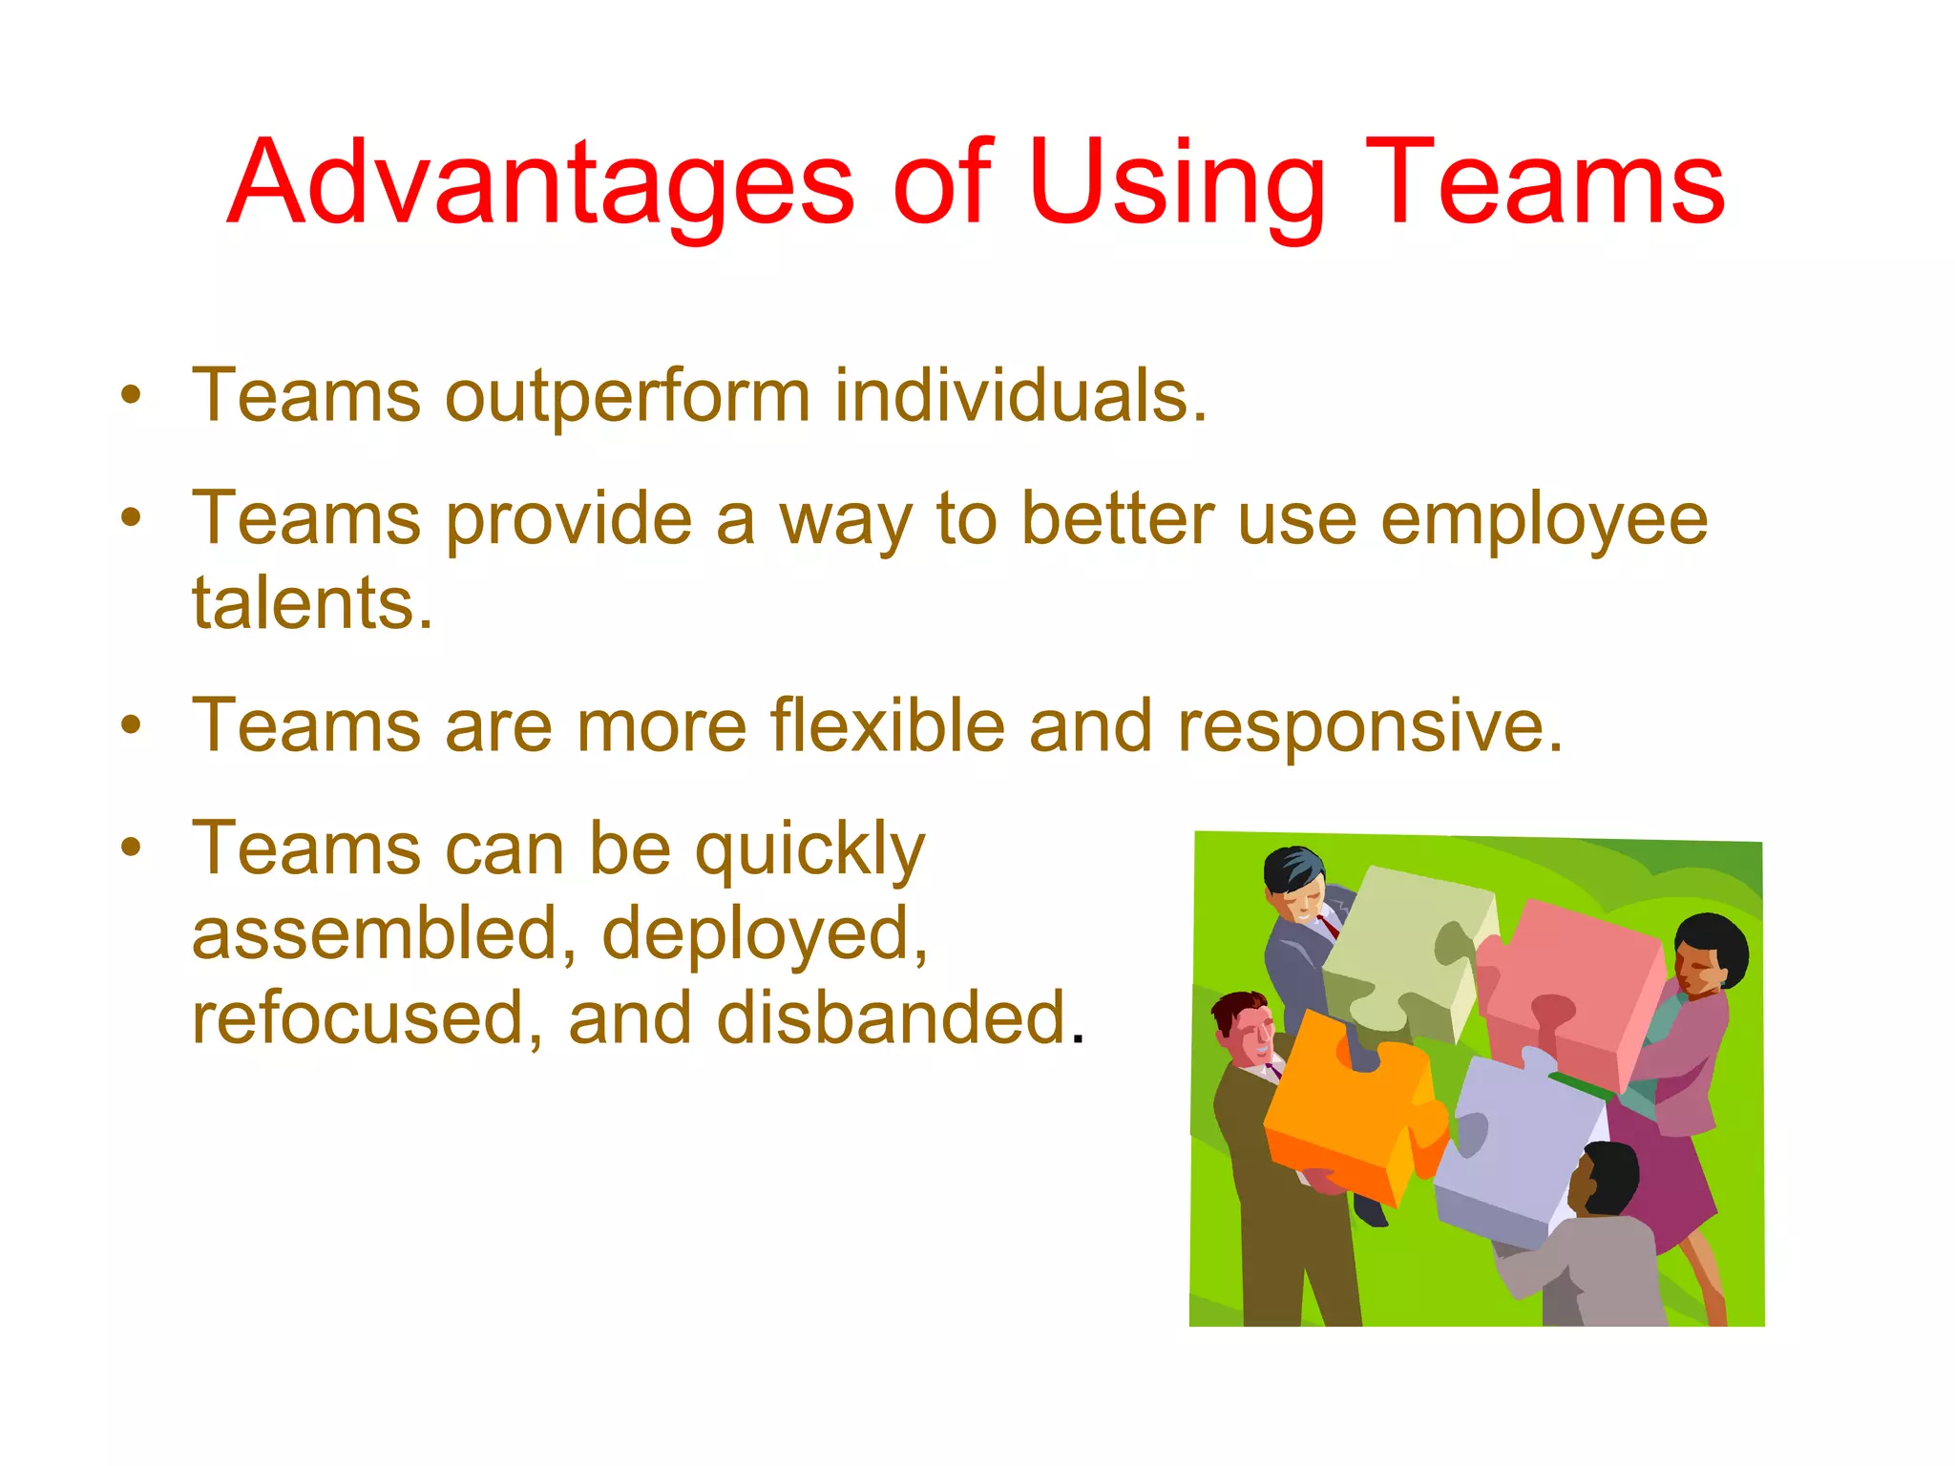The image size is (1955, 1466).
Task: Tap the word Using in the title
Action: click(1178, 183)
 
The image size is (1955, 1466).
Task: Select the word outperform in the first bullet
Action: click(627, 396)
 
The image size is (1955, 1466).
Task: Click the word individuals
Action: click(1020, 396)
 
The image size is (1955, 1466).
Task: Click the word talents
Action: click(312, 604)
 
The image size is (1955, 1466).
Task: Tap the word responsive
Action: click(1370, 727)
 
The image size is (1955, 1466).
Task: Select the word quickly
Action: click(809, 849)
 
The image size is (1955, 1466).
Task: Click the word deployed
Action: click(765, 934)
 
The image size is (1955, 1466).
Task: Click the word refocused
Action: click(368, 1017)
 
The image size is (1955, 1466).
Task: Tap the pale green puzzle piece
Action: click(1403, 954)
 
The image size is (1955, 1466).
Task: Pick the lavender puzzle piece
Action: click(1518, 1145)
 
